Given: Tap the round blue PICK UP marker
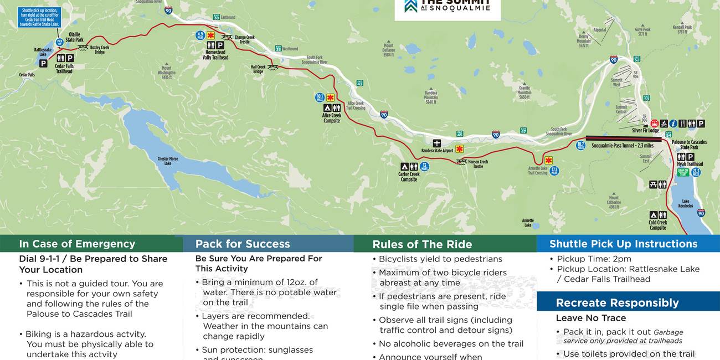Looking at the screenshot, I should coord(59,42).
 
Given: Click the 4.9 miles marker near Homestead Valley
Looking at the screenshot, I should coord(200,35).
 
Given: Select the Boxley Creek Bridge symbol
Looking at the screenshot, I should coord(83,47).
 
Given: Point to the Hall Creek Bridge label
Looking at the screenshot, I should coord(258,69).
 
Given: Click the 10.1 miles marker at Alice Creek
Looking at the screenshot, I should coord(320,97).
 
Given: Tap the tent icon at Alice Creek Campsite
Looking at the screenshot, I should coord(327,108).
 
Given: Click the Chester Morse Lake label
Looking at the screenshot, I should coord(167,161).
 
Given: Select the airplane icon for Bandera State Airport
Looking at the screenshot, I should coord(437,143).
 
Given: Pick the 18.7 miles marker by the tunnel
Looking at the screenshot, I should coord(580,146).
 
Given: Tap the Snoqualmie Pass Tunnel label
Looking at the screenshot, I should coord(623,146).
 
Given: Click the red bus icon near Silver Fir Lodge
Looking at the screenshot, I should coord(654,124).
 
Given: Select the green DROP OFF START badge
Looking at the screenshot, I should coord(683,172).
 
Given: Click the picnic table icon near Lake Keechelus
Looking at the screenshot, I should coord(653,184).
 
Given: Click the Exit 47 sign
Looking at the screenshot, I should coord(523,130).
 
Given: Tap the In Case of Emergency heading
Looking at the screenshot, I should coord(77,244).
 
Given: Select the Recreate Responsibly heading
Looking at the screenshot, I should coord(617,302).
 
